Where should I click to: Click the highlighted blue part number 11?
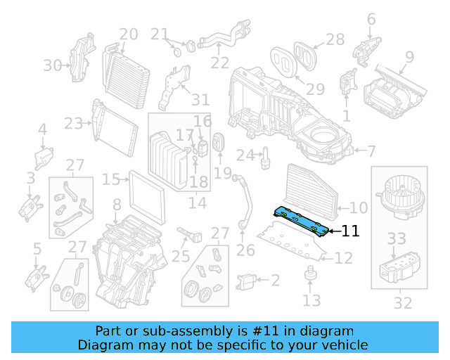tap(301, 220)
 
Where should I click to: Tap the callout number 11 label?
tap(350, 231)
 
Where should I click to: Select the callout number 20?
tap(128, 34)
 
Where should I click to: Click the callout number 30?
tap(52, 65)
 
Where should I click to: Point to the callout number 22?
tap(219, 63)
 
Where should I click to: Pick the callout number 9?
tap(409, 56)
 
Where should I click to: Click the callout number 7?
tap(371, 150)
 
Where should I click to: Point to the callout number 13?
tap(311, 301)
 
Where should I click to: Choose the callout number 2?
tap(275, 281)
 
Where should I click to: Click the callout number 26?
tap(245, 249)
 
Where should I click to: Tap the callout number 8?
tap(117, 205)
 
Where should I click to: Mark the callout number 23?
tap(73, 124)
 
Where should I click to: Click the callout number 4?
tap(42, 129)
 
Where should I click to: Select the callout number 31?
tap(200, 99)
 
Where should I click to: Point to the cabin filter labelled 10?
tap(312, 188)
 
